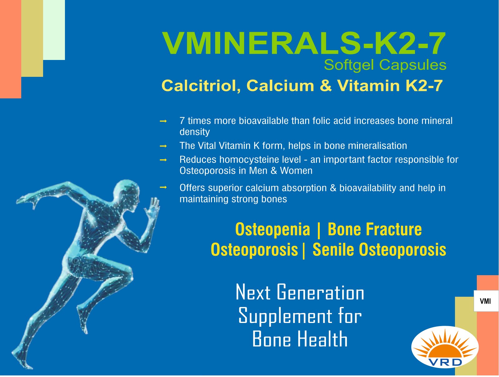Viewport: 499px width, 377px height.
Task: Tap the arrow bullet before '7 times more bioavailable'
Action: click(x=163, y=121)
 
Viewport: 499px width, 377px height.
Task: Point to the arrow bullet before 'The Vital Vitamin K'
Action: click(x=163, y=146)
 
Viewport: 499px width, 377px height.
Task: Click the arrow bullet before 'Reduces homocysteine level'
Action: click(x=163, y=160)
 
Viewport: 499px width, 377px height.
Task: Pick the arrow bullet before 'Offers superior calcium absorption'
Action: click(x=163, y=187)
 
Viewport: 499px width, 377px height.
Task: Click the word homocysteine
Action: click(x=260, y=160)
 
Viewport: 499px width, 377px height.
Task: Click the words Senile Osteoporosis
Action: click(x=379, y=250)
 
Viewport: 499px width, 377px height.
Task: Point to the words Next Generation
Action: click(x=300, y=292)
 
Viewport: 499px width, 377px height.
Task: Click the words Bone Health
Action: click(x=300, y=339)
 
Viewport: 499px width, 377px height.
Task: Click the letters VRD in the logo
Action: click(x=445, y=362)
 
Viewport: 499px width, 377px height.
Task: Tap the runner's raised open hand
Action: click(x=152, y=208)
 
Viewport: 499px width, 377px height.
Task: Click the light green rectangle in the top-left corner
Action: click(x=54, y=30)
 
